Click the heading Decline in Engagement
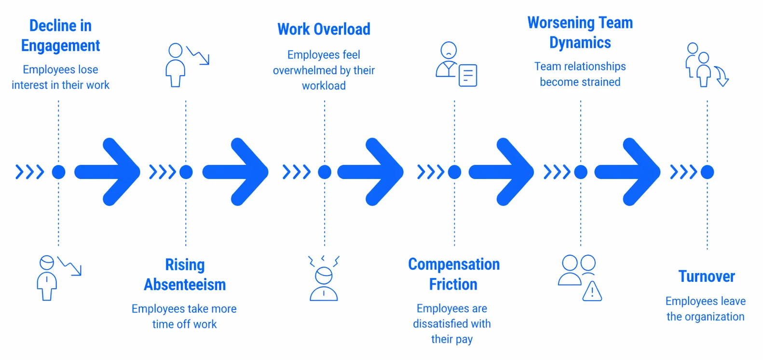tap(60, 35)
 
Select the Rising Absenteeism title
tap(185, 275)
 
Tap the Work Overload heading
tap(324, 29)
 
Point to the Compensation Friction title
tap(453, 274)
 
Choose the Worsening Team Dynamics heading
tap(580, 32)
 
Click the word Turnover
tap(707, 276)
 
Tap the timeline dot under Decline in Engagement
tap(58, 172)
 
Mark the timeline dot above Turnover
tap(707, 172)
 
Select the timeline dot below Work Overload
tap(325, 172)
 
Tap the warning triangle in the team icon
tap(592, 291)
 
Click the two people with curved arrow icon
tap(706, 65)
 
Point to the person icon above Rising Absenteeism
tap(176, 65)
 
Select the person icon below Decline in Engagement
tap(47, 278)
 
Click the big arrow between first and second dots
tap(108, 172)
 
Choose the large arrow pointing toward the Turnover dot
tap(627, 172)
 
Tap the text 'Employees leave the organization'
tap(706, 309)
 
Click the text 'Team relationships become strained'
tap(580, 74)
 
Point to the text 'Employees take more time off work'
tap(184, 317)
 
